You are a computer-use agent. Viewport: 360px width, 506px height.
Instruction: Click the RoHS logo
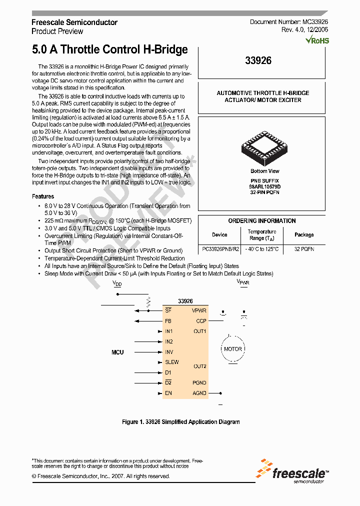point(317,39)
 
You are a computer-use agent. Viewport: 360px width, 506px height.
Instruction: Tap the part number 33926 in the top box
point(258,60)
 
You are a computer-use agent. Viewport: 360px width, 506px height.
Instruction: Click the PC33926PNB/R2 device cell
point(220,248)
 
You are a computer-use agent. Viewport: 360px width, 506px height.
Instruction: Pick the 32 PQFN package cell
point(304,248)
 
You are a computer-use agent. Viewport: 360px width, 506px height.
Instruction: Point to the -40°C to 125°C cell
point(262,248)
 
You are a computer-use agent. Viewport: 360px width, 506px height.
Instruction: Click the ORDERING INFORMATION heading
point(262,220)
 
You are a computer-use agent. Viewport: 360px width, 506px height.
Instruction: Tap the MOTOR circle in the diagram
point(232,349)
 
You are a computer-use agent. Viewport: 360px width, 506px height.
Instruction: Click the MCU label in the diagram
point(117,352)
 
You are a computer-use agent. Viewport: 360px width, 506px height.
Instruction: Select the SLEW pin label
point(171,362)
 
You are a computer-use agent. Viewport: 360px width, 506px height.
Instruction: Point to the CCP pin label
point(201,321)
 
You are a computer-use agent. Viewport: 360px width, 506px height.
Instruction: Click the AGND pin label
point(199,393)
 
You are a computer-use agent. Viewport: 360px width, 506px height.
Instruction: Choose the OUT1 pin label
point(200,331)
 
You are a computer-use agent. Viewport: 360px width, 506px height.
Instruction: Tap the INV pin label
point(169,352)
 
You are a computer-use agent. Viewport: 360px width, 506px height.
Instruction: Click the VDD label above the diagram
point(117,283)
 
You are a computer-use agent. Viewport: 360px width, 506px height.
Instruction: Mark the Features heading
point(43,196)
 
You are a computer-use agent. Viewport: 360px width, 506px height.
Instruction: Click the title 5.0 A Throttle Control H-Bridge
point(110,49)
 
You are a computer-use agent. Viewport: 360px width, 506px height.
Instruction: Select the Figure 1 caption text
point(181,422)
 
